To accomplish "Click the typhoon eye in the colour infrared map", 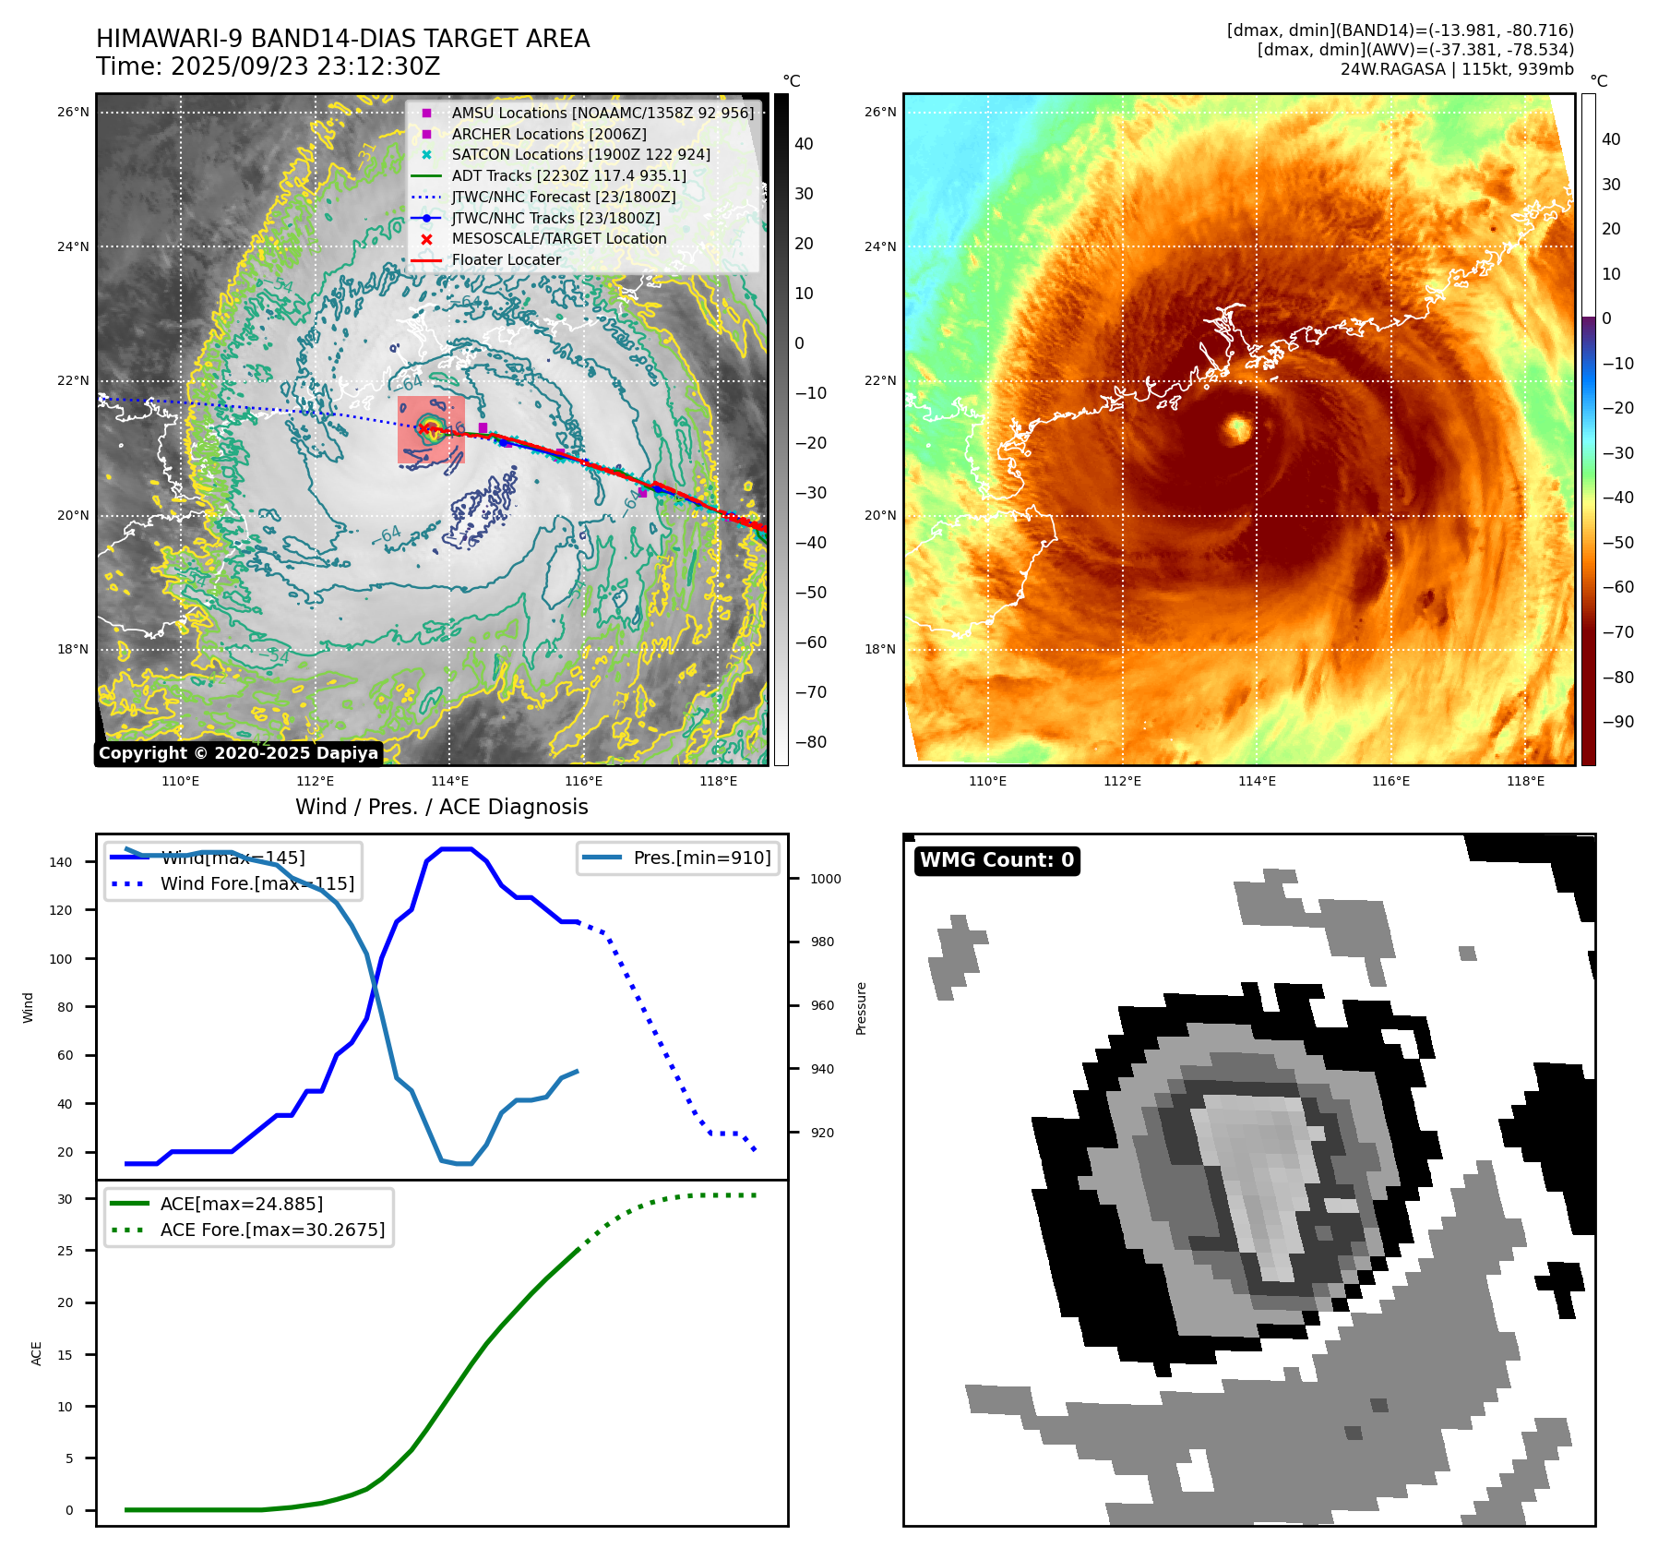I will click(1236, 428).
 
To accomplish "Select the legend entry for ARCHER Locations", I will click(548, 134).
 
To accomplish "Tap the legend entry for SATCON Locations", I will click(580, 155).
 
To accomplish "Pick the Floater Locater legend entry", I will click(506, 260).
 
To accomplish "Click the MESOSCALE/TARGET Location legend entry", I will click(558, 239).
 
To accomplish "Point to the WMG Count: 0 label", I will click(996, 860).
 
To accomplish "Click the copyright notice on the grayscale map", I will click(238, 753).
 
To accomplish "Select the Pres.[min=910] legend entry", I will click(701, 858).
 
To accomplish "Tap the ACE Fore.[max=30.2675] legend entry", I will click(272, 1230).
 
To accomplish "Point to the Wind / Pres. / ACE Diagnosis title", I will click(441, 807).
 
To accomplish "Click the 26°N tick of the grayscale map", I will click(73, 113).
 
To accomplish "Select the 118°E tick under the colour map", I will click(1525, 781).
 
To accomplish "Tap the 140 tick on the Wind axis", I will click(61, 862).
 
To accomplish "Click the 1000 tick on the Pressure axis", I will click(826, 879).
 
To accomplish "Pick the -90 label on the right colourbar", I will click(1617, 722).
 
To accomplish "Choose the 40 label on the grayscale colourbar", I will click(804, 144).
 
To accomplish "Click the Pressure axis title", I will click(861, 1008).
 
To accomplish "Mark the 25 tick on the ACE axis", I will click(66, 1251).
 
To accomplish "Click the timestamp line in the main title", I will click(268, 67).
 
